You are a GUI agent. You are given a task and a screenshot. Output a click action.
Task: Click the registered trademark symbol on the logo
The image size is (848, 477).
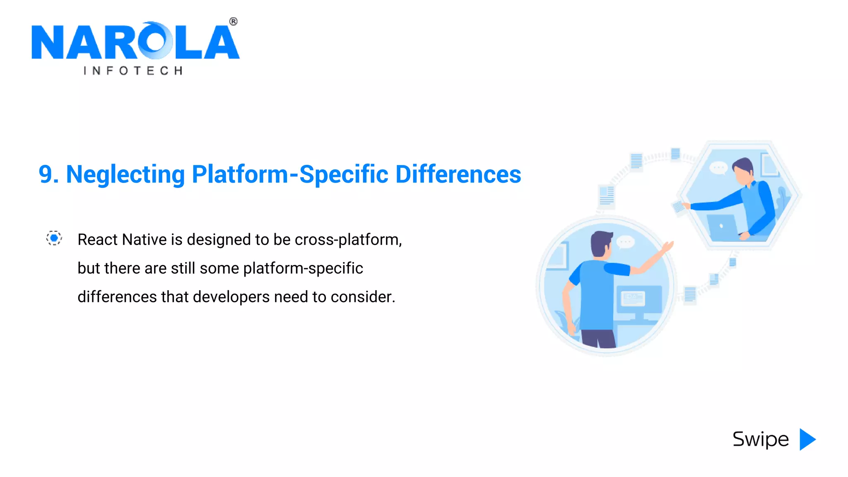click(x=233, y=22)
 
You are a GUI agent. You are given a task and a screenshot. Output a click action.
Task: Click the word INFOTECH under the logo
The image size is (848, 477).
click(x=133, y=71)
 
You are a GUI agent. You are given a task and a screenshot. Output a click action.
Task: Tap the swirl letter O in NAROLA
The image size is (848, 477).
click(x=154, y=41)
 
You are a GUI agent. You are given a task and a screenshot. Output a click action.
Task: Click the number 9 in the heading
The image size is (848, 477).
click(x=46, y=174)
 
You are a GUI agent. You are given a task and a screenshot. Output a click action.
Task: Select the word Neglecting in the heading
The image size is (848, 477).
click(x=125, y=174)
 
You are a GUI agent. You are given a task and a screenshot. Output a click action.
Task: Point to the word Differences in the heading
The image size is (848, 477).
click(x=458, y=174)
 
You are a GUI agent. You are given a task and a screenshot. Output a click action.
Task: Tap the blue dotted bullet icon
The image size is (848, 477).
click(x=54, y=238)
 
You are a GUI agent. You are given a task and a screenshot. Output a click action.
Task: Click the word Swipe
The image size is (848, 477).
click(x=761, y=439)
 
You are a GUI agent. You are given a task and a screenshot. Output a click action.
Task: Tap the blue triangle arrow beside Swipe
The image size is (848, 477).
click(x=807, y=439)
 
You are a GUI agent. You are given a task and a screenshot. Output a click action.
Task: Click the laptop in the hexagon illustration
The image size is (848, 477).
click(x=722, y=227)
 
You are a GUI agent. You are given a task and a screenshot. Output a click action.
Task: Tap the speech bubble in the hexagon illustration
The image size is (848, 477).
click(x=718, y=168)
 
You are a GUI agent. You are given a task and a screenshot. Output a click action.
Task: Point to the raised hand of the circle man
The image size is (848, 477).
click(x=667, y=247)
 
